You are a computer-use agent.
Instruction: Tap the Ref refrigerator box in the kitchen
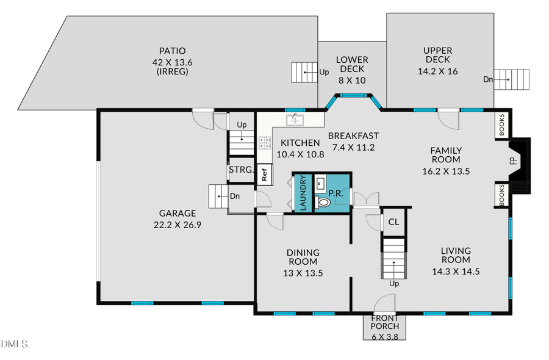click(264, 174)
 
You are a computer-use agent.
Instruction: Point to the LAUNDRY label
click(303, 193)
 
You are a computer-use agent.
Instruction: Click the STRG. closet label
click(241, 170)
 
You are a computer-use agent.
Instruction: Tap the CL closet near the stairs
click(393, 222)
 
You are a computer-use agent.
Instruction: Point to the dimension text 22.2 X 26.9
click(178, 224)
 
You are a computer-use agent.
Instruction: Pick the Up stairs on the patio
click(302, 73)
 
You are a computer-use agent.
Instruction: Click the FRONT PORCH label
click(385, 322)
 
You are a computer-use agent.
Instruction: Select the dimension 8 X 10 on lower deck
click(352, 80)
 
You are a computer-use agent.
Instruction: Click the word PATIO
click(172, 51)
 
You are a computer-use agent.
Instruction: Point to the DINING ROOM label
click(303, 257)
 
